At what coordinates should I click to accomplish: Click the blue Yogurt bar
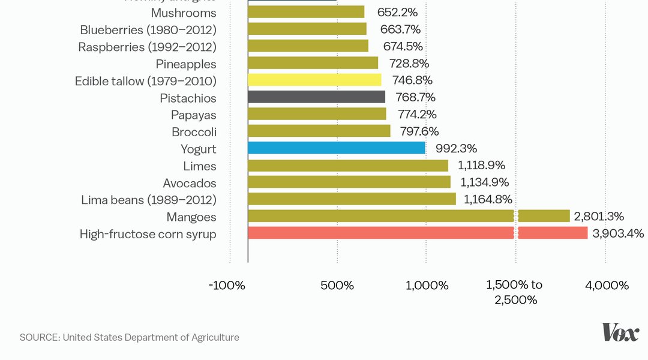[336, 148]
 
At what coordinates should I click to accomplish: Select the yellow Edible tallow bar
[314, 80]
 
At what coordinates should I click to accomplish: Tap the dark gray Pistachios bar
[316, 97]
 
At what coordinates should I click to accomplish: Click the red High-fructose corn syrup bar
[417, 233]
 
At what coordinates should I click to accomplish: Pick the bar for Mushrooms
[306, 12]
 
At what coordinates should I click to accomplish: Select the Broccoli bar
[319, 131]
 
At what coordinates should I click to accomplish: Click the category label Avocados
[190, 183]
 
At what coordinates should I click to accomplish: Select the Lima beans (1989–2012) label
[149, 200]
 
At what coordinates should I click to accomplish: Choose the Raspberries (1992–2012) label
[147, 47]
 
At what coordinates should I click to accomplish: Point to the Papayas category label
[193, 115]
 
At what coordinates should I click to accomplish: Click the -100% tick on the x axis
[227, 286]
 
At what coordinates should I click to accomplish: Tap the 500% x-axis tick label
[337, 286]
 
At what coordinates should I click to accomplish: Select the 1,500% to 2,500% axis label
[515, 292]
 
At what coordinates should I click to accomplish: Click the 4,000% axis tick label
[607, 286]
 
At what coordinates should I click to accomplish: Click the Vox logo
[620, 332]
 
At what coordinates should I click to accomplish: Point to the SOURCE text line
[130, 337]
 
